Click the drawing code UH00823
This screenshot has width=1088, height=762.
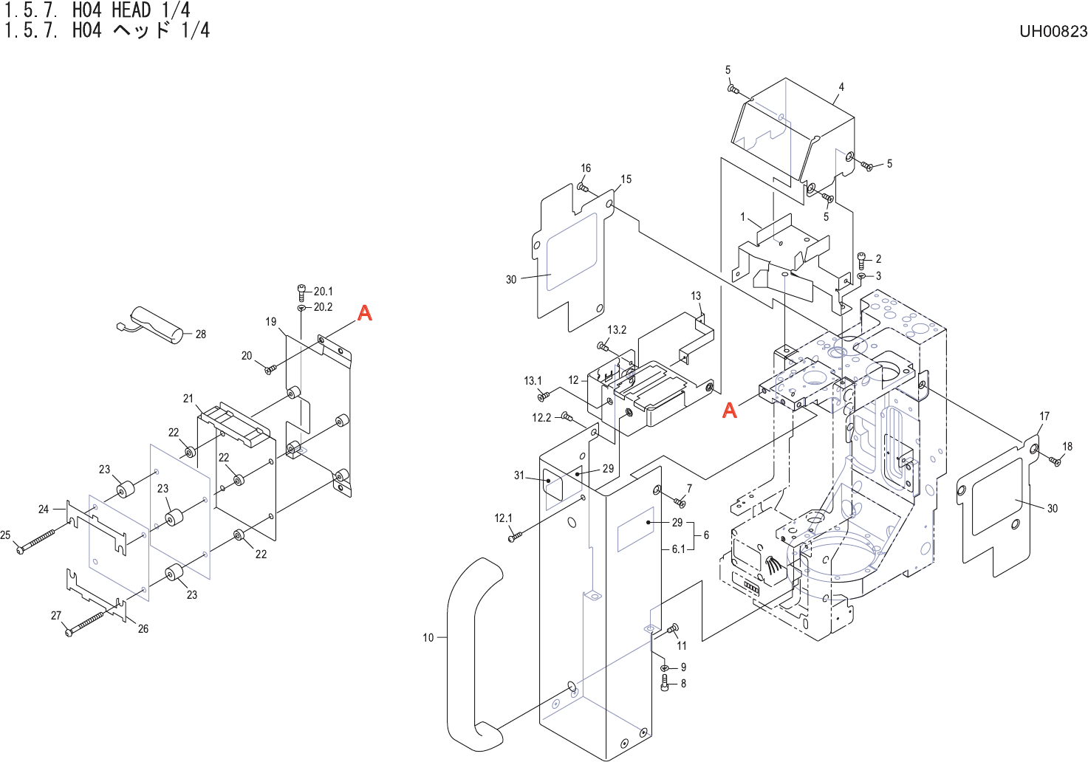tap(1053, 31)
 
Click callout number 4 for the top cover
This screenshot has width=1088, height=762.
tap(841, 87)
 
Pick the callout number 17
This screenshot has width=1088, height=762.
tap(1044, 416)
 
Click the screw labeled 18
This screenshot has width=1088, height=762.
tap(1055, 461)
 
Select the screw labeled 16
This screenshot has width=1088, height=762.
tap(583, 188)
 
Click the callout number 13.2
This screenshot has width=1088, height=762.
tap(617, 330)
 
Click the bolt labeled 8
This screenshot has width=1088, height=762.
tap(666, 684)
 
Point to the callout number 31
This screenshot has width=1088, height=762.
tap(519, 476)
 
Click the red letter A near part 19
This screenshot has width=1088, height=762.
tap(365, 313)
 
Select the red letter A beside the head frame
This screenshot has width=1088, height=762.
tap(730, 410)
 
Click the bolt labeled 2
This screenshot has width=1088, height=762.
tap(861, 259)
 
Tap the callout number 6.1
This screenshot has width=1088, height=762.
tap(678, 549)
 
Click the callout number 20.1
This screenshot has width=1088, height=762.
tap(323, 292)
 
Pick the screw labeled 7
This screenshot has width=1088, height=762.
tap(680, 502)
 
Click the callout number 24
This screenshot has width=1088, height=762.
tap(44, 509)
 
